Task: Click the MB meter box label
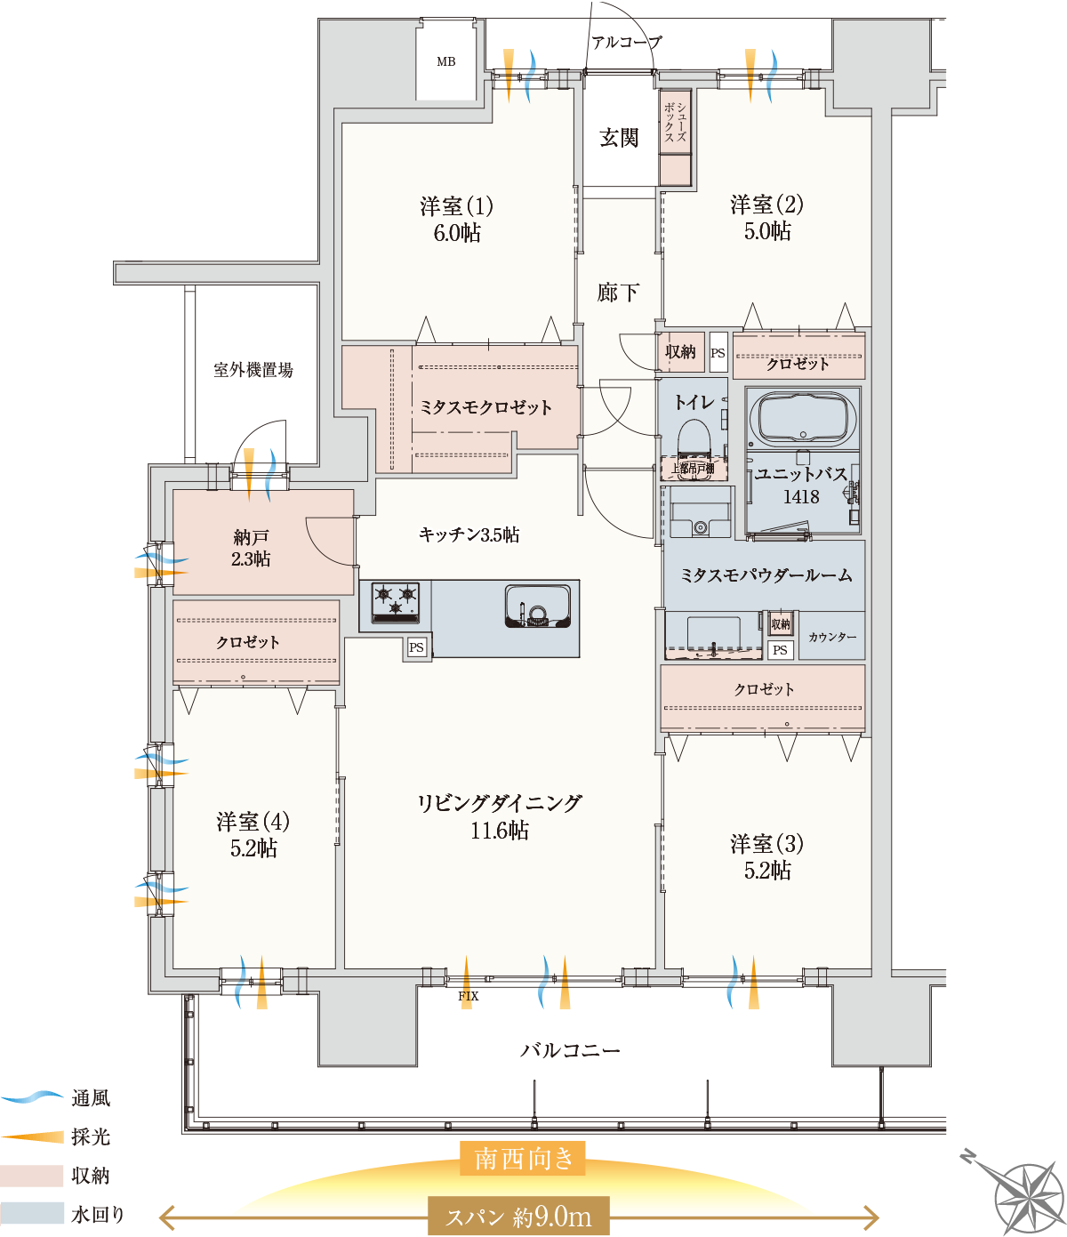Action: click(x=445, y=61)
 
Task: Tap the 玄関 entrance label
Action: click(x=618, y=138)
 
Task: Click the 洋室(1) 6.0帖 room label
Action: click(x=456, y=219)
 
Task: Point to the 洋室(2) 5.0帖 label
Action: click(x=766, y=218)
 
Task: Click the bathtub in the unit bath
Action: click(x=803, y=417)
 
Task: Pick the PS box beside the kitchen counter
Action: click(x=416, y=647)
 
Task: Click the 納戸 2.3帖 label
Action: click(x=252, y=548)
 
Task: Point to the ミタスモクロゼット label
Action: click(x=485, y=407)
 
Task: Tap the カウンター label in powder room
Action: click(x=832, y=637)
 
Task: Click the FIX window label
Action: click(x=468, y=996)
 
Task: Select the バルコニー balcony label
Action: click(x=570, y=1050)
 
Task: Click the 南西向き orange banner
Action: click(x=523, y=1159)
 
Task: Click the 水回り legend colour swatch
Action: click(x=32, y=1214)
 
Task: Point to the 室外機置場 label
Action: click(x=253, y=370)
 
